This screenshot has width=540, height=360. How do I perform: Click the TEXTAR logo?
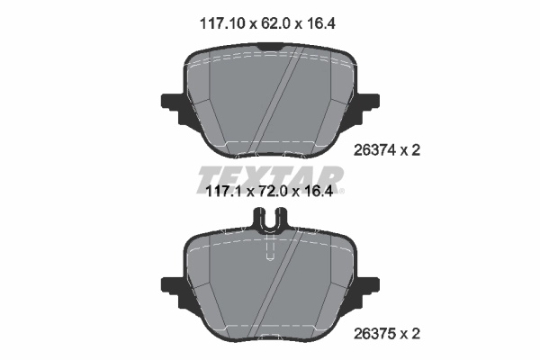[269, 178]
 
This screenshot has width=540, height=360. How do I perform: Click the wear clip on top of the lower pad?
[270, 219]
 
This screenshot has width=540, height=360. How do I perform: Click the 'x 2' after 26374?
[412, 151]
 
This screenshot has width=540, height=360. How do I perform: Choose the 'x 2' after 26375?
[412, 334]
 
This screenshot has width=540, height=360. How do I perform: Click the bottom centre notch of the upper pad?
[270, 147]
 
